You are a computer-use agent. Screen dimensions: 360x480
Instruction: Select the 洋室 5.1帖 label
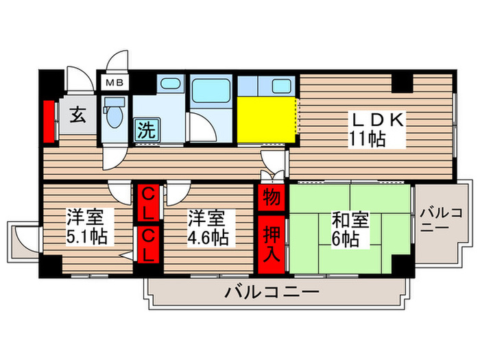coord(85,228)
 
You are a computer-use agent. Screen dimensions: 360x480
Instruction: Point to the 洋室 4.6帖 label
coord(208,228)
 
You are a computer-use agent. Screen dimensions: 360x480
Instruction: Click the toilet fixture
coord(112,114)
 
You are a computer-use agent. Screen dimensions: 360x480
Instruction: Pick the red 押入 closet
coord(271,243)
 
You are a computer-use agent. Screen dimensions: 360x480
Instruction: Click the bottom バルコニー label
coord(271,293)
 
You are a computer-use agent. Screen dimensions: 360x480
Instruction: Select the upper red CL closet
coord(148,202)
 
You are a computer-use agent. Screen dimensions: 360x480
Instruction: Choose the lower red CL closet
coord(148,244)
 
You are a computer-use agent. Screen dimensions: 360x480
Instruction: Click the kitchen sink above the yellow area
coord(282,86)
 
